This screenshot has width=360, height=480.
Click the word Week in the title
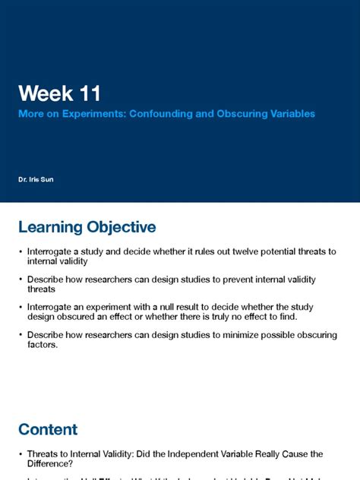46,94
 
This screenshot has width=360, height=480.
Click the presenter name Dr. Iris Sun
36,179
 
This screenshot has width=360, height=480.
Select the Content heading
48,430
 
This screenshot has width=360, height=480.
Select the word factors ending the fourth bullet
43,345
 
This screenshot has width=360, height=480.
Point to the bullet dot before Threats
21,454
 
